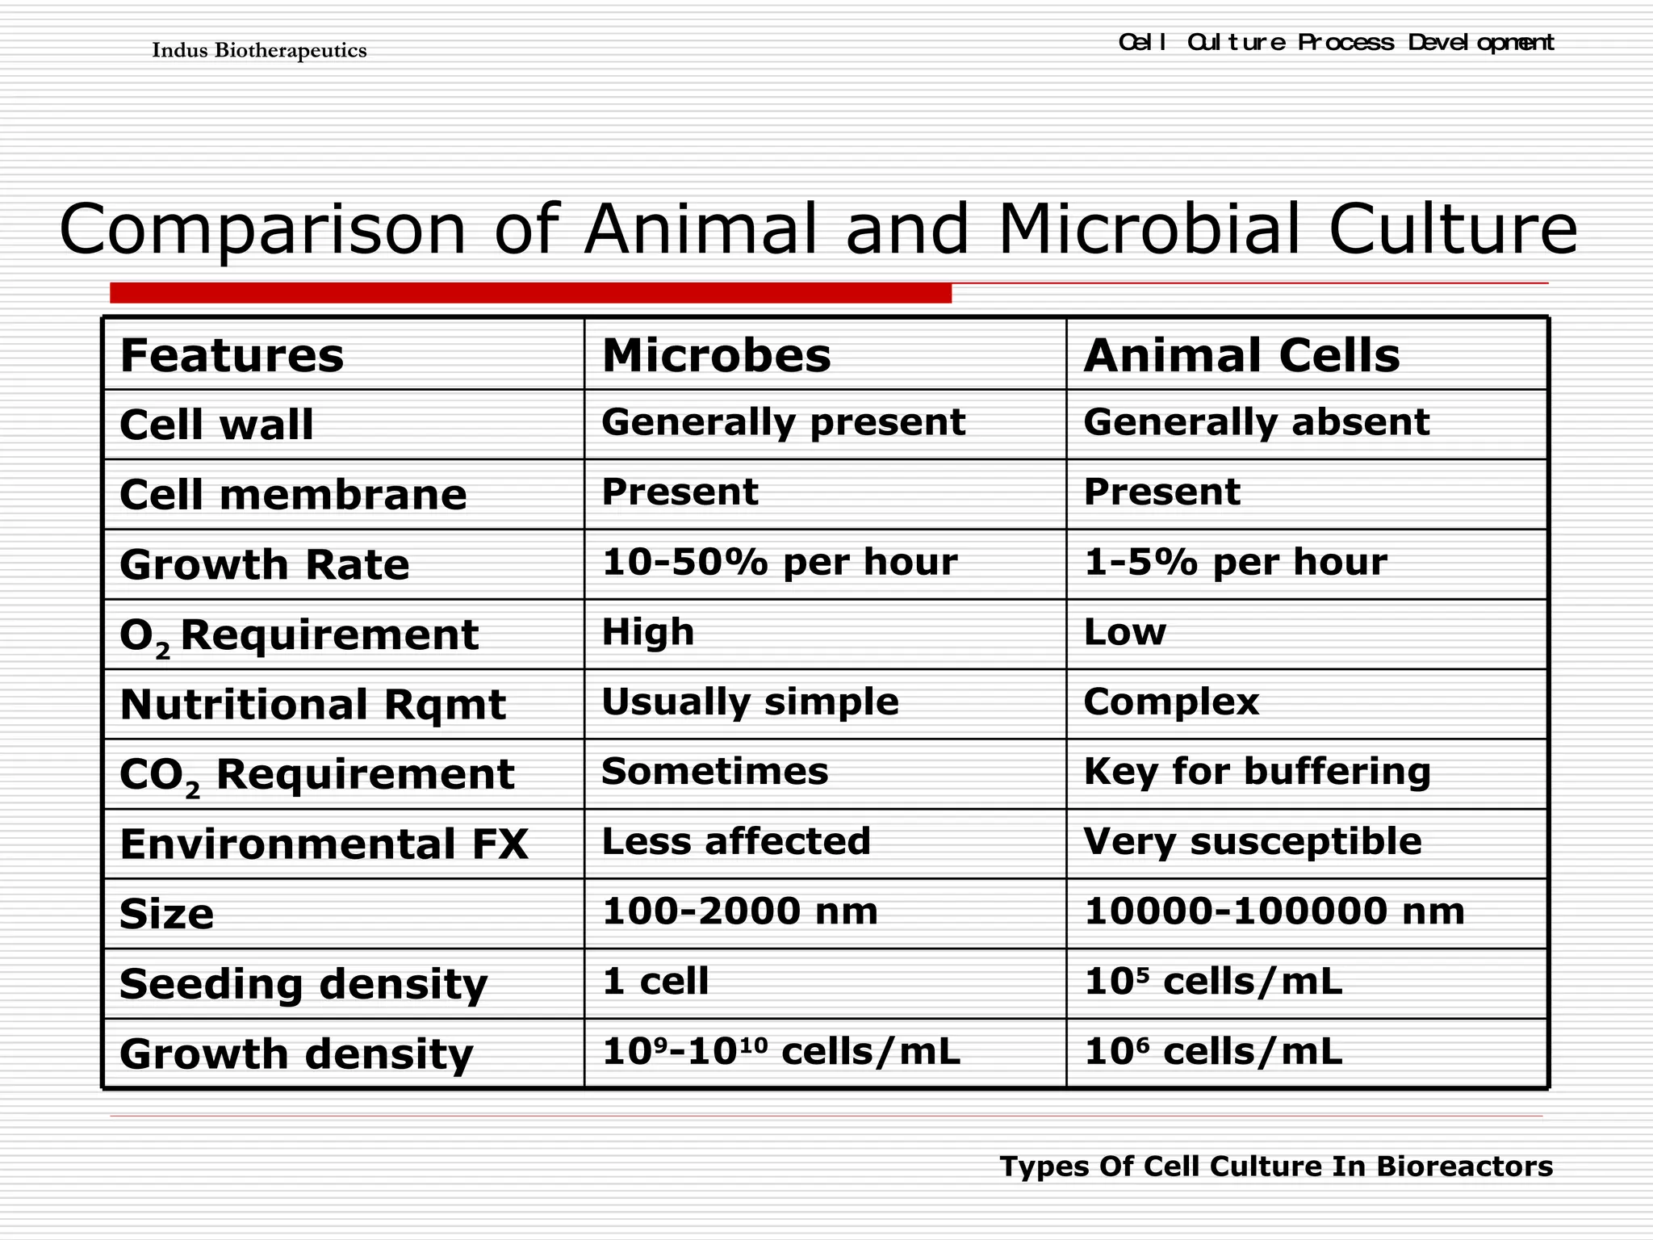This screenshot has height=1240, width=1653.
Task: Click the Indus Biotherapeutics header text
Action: click(x=259, y=51)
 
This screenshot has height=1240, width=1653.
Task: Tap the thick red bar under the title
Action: click(x=530, y=292)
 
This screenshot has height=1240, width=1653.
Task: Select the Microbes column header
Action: click(x=716, y=355)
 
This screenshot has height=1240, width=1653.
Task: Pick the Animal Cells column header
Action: click(x=1241, y=355)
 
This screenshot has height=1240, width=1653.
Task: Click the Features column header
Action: click(x=232, y=355)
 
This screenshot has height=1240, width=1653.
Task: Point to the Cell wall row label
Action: click(x=216, y=425)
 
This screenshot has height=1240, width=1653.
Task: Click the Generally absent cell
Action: click(x=1256, y=422)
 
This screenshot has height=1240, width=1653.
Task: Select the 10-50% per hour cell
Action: click(x=779, y=562)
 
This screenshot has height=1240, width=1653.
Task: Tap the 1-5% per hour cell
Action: click(x=1235, y=562)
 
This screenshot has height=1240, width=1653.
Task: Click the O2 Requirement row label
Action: click(x=299, y=635)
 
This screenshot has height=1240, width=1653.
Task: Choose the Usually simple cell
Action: click(x=750, y=702)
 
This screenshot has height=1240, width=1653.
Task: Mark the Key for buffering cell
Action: click(x=1257, y=772)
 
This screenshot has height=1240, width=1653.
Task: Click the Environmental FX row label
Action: click(x=324, y=844)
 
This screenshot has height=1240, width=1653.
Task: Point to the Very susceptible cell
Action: click(x=1252, y=841)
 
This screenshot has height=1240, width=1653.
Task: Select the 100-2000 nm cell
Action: click(x=739, y=911)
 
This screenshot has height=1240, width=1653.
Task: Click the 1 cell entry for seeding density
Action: click(x=655, y=982)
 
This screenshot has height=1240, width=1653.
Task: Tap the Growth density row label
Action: click(x=296, y=1054)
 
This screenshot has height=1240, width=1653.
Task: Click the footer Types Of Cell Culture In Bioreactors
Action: click(x=1276, y=1167)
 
